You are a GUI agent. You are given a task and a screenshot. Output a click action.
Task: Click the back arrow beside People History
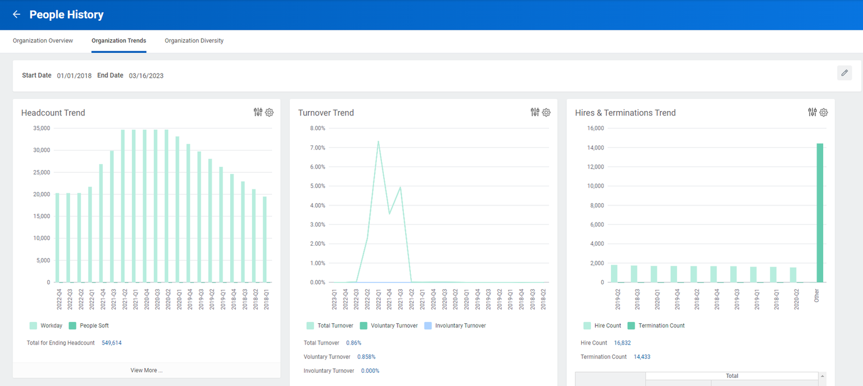[x=16, y=14]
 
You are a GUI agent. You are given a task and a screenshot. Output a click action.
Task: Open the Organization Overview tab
[x=43, y=41]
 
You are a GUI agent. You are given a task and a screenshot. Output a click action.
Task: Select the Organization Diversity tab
[x=194, y=41]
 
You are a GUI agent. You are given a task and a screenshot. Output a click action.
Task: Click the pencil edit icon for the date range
[x=844, y=73]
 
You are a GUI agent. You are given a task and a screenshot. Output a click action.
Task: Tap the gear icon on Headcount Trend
[x=269, y=113]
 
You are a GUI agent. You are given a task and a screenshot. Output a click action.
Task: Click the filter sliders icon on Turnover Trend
[x=535, y=113]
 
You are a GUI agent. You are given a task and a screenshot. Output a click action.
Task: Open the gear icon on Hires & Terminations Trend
[x=823, y=113]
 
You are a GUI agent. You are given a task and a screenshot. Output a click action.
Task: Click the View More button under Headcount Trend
[x=146, y=370]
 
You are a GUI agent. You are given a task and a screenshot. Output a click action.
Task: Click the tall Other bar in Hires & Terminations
[x=820, y=213]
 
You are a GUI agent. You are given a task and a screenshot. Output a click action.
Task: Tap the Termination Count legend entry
[x=661, y=326]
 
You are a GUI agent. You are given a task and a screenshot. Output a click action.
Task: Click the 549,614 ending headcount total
[x=112, y=343]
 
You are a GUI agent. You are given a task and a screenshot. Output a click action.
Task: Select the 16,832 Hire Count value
[x=623, y=343]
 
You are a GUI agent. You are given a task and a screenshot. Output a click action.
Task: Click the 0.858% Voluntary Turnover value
[x=366, y=357]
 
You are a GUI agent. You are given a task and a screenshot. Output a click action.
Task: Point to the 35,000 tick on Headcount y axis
[x=40, y=128]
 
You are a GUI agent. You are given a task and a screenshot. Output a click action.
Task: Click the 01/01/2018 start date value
[x=74, y=75]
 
